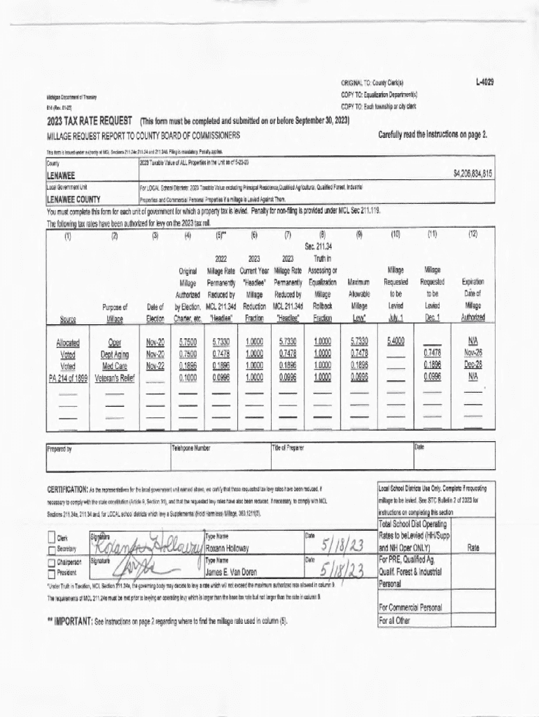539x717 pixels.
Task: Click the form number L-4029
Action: pos(482,83)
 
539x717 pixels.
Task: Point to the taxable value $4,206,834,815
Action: pos(473,173)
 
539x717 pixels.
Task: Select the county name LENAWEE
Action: pos(61,174)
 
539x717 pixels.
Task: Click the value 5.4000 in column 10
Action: pos(396,342)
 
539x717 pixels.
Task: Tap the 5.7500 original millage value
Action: pos(188,342)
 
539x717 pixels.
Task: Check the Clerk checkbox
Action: pos(52,537)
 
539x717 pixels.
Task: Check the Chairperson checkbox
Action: pos(52,562)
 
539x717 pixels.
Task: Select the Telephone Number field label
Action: pos(192,447)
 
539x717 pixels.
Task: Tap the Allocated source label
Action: pos(68,342)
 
